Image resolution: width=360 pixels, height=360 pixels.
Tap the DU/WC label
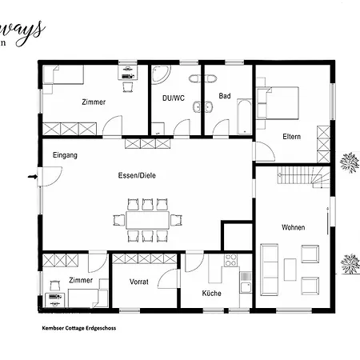[173, 98]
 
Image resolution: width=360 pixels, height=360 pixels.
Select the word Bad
[225, 96]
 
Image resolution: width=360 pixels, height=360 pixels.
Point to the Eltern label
[291, 137]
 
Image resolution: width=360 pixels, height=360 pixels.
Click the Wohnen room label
[293, 228]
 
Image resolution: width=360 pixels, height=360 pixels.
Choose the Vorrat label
[139, 282]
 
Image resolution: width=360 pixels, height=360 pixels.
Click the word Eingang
[65, 154]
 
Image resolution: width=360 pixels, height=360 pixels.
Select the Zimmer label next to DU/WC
[94, 102]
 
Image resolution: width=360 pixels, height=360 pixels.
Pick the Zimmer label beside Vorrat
[80, 280]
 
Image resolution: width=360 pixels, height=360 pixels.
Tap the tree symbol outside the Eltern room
[348, 164]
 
